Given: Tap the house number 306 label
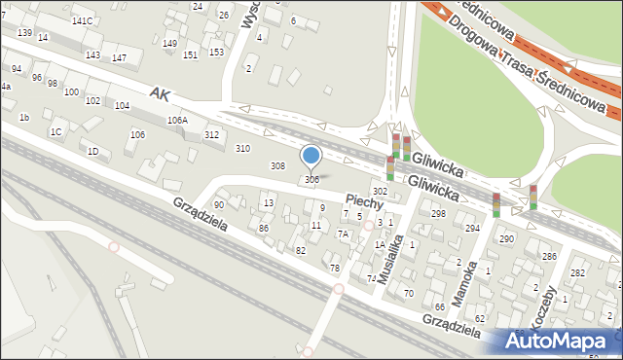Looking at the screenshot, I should (311, 179).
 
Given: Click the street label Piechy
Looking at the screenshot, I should (363, 199).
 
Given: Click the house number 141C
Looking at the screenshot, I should (83, 20).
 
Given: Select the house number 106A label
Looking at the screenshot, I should (176, 121).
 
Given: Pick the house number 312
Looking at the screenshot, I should (211, 135).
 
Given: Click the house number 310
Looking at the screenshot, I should (242, 148).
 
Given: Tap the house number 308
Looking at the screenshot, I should (277, 166).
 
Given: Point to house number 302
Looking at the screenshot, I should (380, 192).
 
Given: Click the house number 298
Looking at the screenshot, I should (438, 213).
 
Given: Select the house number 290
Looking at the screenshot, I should (506, 238).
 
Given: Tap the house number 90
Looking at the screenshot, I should (219, 204).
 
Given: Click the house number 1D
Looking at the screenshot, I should (92, 151).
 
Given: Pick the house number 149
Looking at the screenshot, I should (169, 44).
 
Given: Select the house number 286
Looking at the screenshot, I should (549, 256).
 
